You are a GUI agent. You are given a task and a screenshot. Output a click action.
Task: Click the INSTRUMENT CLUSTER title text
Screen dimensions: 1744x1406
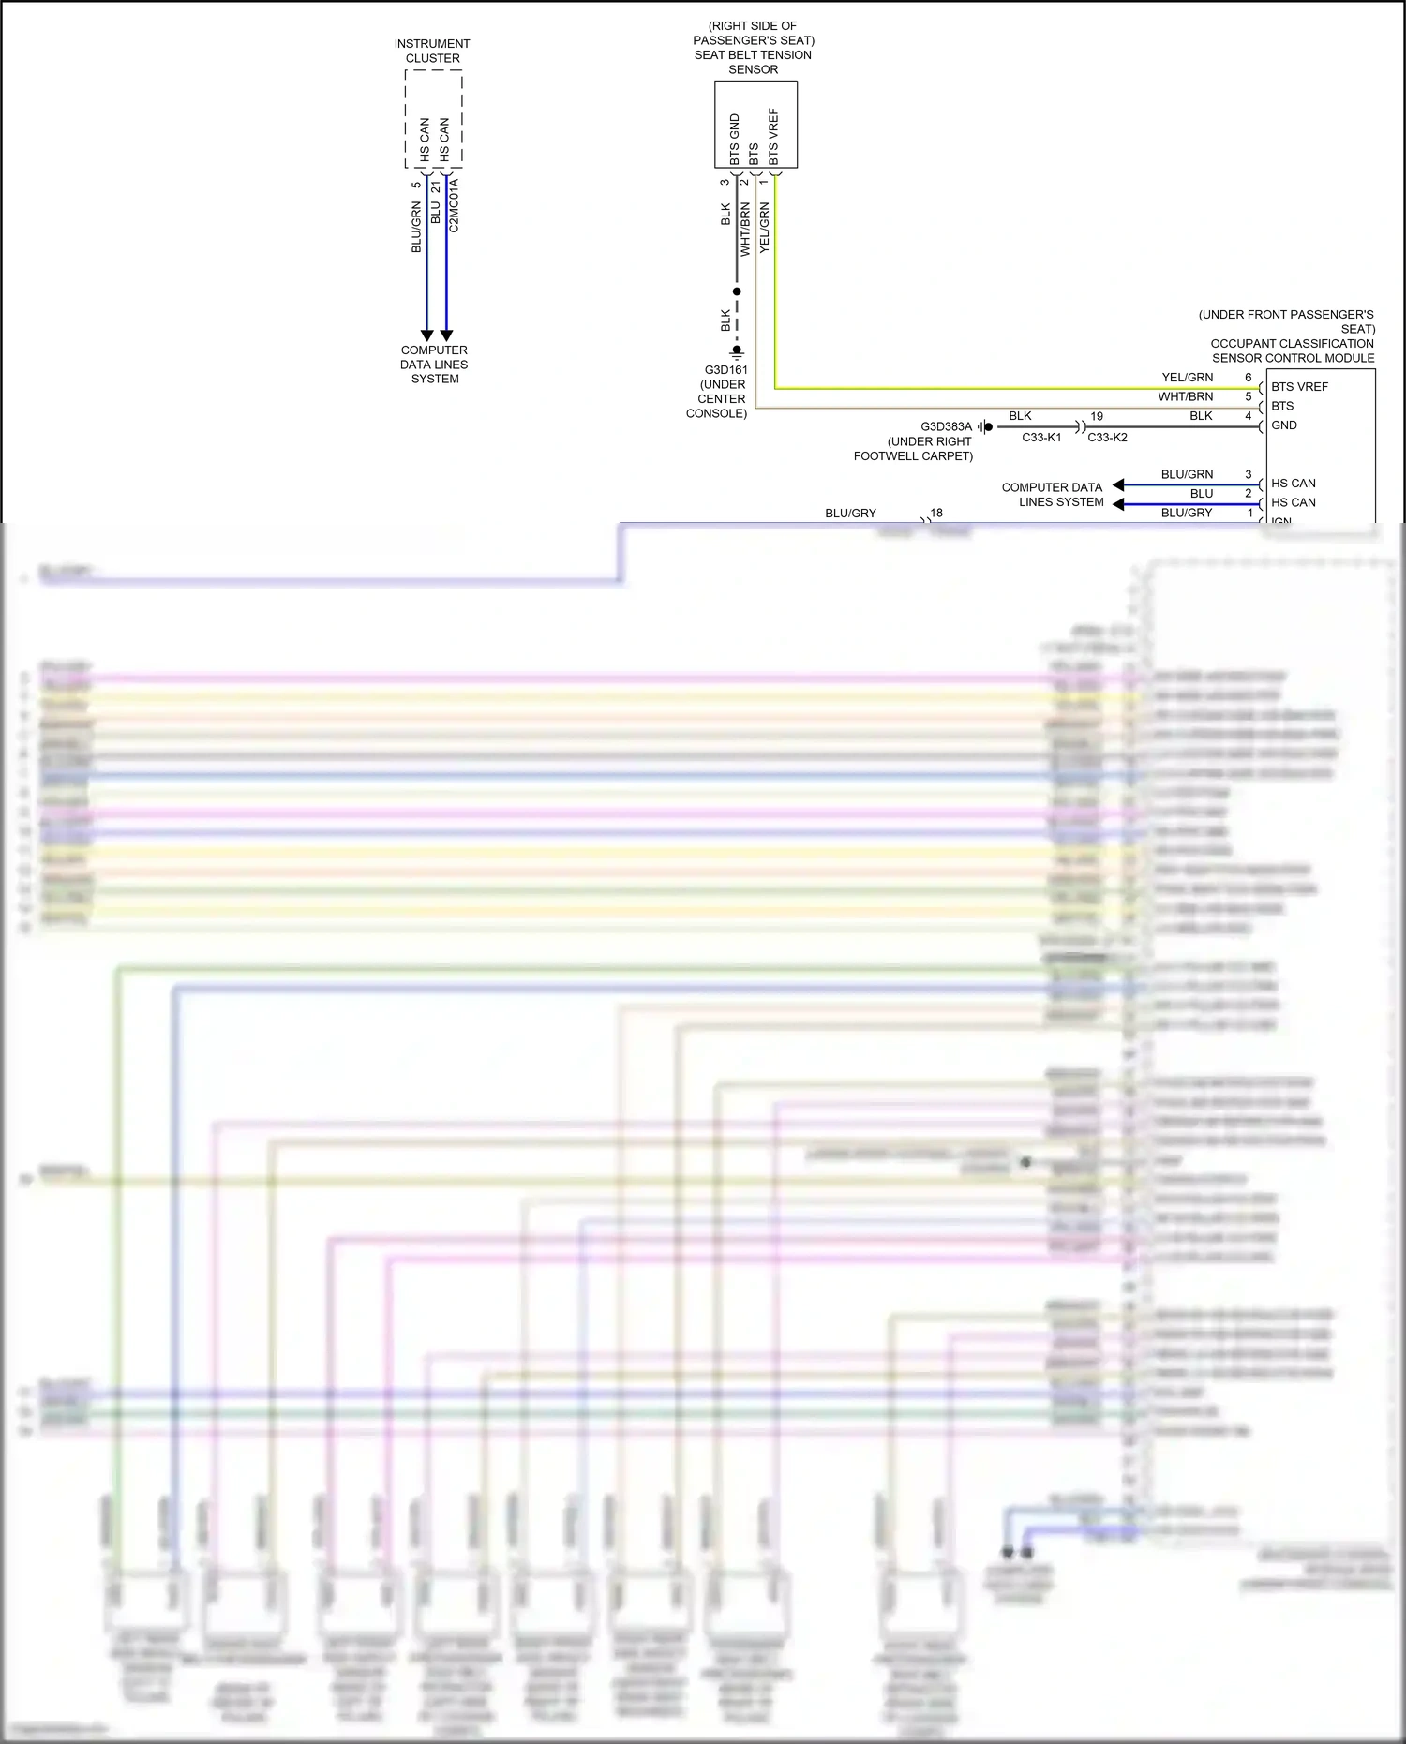432,51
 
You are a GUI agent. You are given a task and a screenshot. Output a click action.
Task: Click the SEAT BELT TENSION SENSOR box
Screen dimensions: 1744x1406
755,125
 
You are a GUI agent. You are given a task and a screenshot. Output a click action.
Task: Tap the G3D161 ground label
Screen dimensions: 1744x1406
725,370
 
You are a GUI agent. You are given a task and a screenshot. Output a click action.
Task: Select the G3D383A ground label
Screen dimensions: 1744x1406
946,427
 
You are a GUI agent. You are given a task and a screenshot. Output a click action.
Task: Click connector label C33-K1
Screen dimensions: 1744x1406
1041,438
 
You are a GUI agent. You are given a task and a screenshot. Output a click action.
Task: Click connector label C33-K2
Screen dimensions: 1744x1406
1107,438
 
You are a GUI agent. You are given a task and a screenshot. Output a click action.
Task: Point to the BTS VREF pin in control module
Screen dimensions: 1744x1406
1299,387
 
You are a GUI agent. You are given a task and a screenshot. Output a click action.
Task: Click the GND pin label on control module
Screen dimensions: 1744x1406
1284,425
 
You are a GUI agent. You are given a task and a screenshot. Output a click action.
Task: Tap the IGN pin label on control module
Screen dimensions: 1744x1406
1281,520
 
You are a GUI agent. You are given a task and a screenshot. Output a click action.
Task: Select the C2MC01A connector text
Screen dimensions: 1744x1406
455,206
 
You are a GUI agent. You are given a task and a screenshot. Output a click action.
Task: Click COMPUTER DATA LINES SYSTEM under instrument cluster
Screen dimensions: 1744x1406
434,365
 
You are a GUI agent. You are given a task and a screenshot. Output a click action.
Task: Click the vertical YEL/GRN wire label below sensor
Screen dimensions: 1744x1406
764,228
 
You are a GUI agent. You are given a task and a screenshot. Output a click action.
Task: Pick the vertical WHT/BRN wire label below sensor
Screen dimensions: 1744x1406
745,231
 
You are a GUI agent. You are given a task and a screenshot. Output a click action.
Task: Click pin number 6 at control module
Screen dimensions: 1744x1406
1248,378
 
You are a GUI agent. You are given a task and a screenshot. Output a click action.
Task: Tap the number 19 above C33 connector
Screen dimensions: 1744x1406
1097,416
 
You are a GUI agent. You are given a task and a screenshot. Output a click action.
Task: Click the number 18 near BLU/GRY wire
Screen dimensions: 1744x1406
936,513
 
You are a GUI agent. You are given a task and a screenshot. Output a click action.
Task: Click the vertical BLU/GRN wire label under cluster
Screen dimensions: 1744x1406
416,228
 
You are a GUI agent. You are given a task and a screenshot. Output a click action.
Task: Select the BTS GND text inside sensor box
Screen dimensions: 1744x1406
734,139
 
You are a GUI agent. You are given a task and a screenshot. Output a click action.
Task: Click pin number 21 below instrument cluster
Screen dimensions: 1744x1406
436,187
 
